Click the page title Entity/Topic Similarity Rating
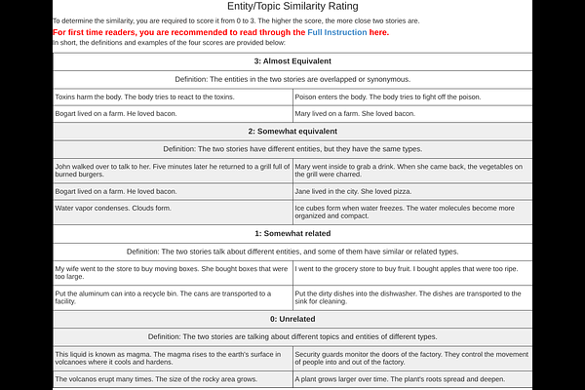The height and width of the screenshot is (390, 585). [x=292, y=7]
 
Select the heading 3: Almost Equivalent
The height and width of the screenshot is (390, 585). [x=292, y=61]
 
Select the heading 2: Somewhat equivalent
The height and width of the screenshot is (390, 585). [x=292, y=131]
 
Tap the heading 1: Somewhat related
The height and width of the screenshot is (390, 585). [x=292, y=234]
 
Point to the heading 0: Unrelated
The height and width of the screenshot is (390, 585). [x=292, y=319]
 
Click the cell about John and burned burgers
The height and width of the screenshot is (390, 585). [x=172, y=171]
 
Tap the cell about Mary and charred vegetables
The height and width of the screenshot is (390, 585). [x=412, y=171]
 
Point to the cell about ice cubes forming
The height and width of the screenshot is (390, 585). [x=412, y=212]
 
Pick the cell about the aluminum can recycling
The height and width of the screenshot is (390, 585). [x=172, y=297]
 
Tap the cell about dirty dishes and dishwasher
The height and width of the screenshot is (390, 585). [x=412, y=297]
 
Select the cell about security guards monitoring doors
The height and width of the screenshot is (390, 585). [x=412, y=358]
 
